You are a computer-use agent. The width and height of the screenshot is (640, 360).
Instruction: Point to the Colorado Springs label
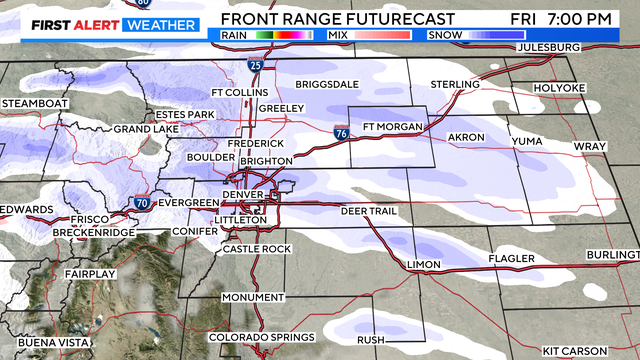[x=262, y=337]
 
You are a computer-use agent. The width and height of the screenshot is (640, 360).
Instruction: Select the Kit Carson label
[x=574, y=350]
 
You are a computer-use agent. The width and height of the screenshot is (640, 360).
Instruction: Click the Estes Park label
[x=185, y=115]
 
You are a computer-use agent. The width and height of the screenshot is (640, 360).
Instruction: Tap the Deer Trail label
[x=369, y=211]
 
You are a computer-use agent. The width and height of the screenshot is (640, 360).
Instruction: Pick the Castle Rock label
[x=256, y=248]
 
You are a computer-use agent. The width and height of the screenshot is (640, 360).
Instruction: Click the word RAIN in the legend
[x=233, y=34]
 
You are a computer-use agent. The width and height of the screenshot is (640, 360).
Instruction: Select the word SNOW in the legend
[x=444, y=34]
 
